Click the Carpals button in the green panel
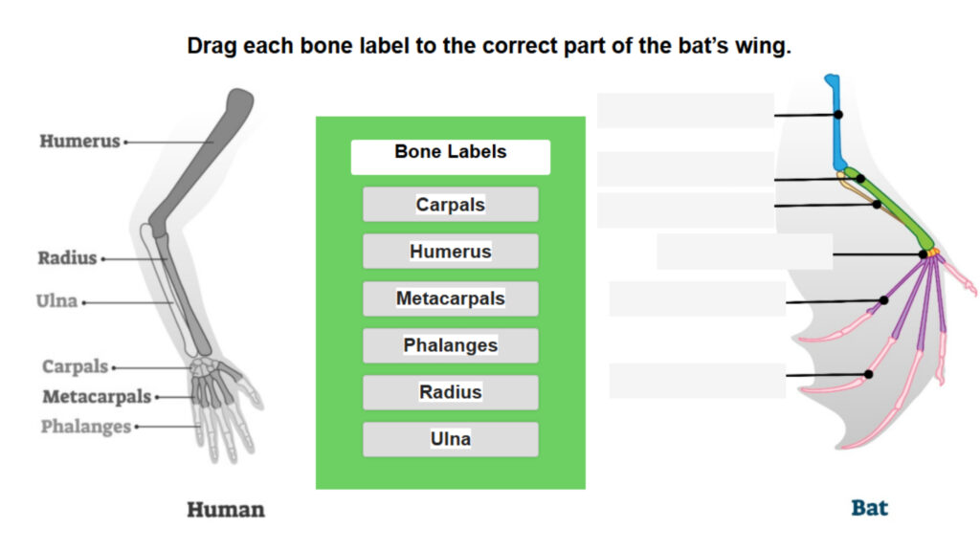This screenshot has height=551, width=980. point(450,205)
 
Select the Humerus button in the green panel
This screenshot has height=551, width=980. point(450,252)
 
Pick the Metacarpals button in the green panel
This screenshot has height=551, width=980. point(450,298)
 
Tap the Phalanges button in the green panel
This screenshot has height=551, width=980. point(450,345)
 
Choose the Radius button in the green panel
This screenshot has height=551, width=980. point(450,392)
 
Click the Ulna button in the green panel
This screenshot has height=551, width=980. point(450,439)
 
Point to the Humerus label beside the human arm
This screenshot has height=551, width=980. point(79,142)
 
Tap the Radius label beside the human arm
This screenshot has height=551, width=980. point(67,258)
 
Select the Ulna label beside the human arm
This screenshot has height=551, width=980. point(56,302)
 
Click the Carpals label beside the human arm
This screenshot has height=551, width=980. point(75,367)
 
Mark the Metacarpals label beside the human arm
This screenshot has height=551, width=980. point(96,397)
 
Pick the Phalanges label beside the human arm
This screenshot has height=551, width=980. point(85,427)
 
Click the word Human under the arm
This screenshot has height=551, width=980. point(225,509)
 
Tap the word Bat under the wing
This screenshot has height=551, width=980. point(869,507)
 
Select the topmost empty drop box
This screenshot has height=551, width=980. point(685,111)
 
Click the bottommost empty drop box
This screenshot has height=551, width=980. point(697,381)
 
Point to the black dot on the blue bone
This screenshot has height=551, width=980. point(838,115)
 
